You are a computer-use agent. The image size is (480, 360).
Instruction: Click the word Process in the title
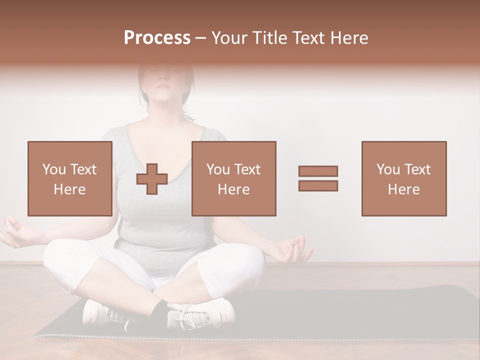click(157, 38)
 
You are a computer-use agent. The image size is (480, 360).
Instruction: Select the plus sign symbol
click(152, 178)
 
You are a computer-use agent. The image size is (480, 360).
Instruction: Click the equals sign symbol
click(318, 178)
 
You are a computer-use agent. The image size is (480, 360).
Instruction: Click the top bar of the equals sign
click(318, 171)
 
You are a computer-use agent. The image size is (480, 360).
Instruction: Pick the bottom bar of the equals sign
click(318, 185)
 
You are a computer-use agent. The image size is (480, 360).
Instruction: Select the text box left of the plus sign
click(69, 178)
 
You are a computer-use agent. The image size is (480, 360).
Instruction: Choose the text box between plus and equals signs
click(233, 178)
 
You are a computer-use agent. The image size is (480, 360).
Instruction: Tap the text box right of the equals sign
click(403, 178)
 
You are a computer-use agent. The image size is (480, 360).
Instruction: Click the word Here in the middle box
click(233, 189)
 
